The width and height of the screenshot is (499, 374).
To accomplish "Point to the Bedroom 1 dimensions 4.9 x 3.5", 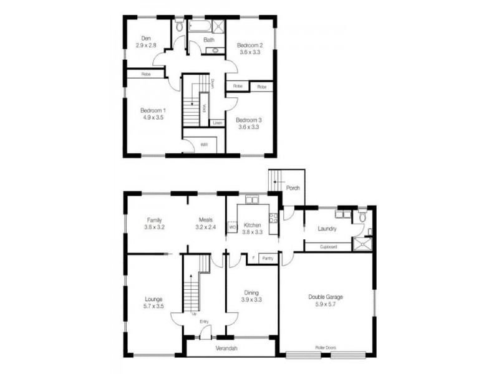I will [152, 117].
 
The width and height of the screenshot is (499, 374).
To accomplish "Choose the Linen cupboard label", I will [217, 123].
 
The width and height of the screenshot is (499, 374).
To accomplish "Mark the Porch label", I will [293, 188].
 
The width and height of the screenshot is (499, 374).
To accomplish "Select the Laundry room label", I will [327, 229].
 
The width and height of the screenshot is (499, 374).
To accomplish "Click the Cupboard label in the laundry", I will [328, 247].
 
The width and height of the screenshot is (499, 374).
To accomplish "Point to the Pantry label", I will [267, 258].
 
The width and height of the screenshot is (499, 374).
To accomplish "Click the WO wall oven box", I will [233, 227].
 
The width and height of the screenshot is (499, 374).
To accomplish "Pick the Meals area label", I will [206, 220].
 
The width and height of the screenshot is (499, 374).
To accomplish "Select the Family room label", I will [155, 220].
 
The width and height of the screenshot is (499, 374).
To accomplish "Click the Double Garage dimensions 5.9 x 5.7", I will [325, 305].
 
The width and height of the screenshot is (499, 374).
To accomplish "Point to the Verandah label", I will [231, 348].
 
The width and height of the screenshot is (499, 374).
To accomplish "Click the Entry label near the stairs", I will [204, 322].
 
